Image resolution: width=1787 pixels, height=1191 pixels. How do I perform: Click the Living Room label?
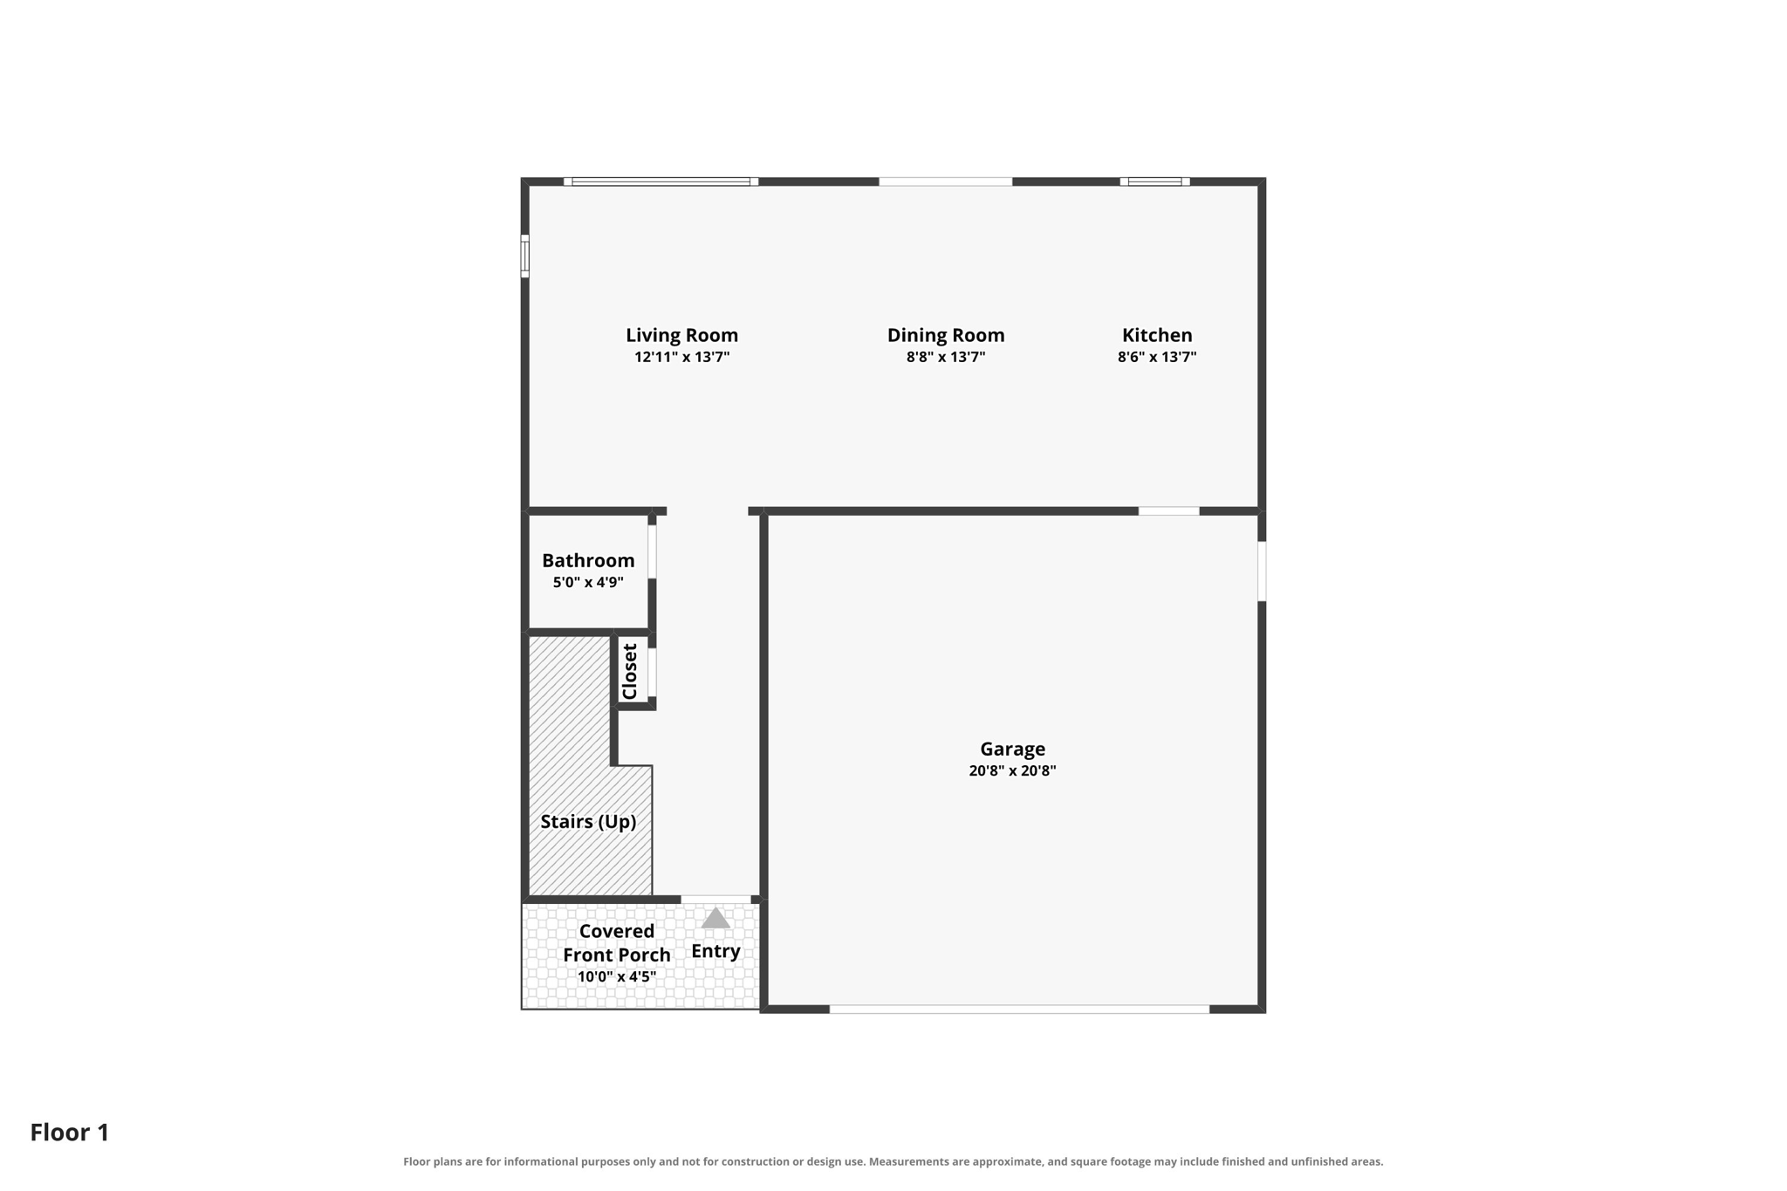click(681, 335)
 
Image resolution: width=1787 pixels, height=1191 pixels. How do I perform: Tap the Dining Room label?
click(946, 335)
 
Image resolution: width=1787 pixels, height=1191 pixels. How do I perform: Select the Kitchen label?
click(1157, 335)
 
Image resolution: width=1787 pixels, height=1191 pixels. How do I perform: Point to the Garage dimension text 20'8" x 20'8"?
click(1012, 770)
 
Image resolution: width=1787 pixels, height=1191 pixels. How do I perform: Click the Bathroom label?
click(588, 560)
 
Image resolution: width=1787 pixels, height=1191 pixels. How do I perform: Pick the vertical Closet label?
click(630, 672)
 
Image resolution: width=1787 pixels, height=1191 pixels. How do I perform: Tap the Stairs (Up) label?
click(588, 821)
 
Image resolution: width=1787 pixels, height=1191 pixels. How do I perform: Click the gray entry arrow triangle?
click(715, 918)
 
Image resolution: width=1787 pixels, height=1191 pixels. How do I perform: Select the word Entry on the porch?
click(715, 951)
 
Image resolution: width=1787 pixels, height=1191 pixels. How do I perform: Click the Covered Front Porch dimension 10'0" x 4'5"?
click(617, 976)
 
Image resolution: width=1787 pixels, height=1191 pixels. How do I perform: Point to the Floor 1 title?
click(70, 1133)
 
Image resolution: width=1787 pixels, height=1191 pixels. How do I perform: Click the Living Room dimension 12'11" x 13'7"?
click(681, 357)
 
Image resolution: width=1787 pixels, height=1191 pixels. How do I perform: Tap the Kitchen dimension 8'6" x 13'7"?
click(1157, 357)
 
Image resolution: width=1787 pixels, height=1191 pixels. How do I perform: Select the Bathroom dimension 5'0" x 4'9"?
click(588, 582)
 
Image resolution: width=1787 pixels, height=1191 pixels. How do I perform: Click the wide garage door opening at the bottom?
click(1019, 1009)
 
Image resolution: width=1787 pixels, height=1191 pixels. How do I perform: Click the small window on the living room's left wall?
click(525, 256)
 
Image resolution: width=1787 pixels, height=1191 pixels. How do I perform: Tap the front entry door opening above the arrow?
click(715, 900)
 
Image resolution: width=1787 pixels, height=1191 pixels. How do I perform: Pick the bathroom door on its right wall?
click(652, 551)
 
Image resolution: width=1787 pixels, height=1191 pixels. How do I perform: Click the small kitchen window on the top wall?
click(1154, 181)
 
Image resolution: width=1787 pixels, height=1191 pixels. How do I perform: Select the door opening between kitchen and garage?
click(1169, 510)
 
